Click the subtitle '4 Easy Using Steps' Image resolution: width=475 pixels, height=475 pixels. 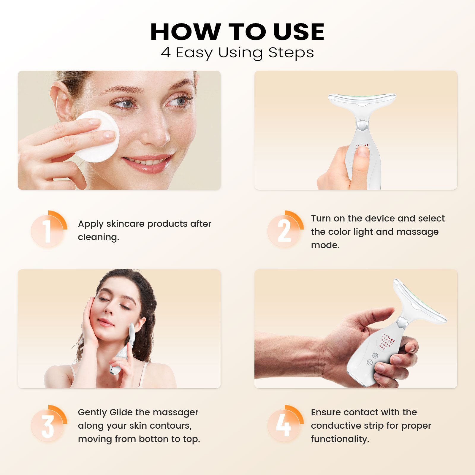237,53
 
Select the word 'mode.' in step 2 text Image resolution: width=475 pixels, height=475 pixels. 325,245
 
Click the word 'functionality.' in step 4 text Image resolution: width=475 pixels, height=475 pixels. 340,439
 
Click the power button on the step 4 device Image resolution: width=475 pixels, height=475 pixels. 370,362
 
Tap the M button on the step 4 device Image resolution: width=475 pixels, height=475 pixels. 375,355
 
